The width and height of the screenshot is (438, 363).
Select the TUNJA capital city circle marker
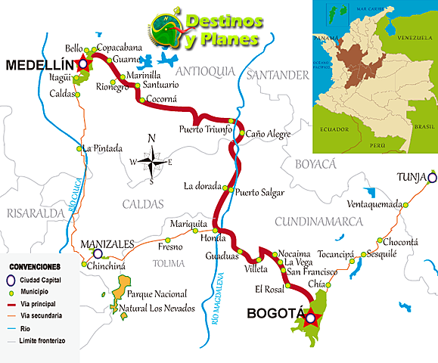coord(431,178)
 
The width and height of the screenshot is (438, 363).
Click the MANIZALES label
coord(107,244)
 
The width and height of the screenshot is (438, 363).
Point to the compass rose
coord(152,160)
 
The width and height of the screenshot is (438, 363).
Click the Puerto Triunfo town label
coord(205,129)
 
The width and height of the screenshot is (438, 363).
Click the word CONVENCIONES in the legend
coord(35,267)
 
